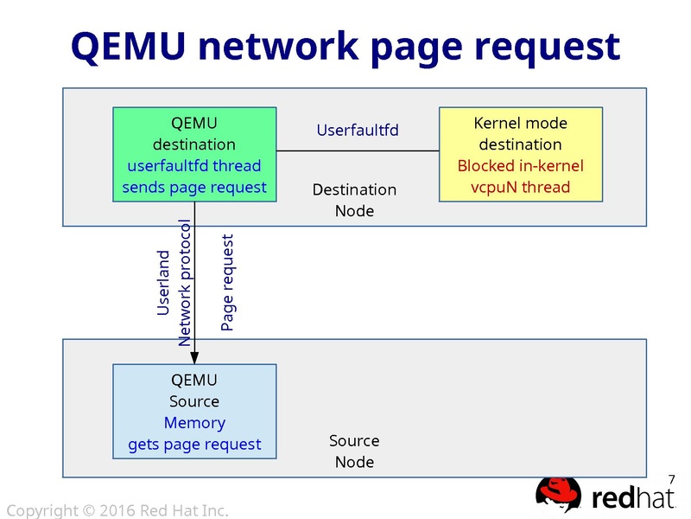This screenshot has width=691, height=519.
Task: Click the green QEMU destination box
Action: click(x=194, y=154)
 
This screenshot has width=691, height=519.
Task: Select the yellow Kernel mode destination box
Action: click(x=520, y=154)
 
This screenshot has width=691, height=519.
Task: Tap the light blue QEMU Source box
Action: click(x=194, y=412)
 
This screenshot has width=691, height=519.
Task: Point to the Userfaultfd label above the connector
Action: click(x=358, y=131)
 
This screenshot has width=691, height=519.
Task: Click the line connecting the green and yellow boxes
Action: click(x=358, y=151)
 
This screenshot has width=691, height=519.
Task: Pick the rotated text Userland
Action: click(x=163, y=283)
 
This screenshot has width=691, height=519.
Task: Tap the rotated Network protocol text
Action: click(x=184, y=282)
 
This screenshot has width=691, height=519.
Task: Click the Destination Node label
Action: click(x=354, y=200)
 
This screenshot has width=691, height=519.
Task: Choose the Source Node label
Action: click(x=354, y=451)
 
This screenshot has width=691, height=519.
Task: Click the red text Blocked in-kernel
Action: click(x=520, y=166)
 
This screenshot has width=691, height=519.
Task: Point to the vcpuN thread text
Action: click(x=520, y=187)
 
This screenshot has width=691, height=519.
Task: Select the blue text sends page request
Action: click(x=194, y=187)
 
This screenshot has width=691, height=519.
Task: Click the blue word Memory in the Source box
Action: click(x=194, y=423)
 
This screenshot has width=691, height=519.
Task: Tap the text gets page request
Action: click(x=194, y=445)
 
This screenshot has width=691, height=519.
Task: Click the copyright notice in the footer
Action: click(x=117, y=510)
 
